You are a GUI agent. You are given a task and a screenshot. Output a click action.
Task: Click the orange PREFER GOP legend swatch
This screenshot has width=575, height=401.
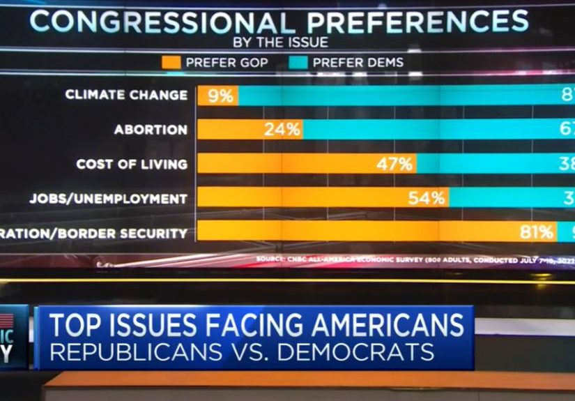click(x=171, y=63)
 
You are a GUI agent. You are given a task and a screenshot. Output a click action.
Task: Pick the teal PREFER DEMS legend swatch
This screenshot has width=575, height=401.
click(x=298, y=63)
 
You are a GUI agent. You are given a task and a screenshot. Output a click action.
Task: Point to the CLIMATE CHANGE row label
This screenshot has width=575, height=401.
click(x=126, y=95)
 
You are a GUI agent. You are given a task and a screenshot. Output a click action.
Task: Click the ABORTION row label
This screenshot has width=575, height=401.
click(x=151, y=130)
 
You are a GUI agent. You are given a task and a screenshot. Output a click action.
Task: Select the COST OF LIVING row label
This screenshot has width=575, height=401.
click(x=132, y=165)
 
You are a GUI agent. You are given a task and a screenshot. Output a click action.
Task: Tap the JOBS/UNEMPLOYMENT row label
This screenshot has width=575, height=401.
click(x=108, y=199)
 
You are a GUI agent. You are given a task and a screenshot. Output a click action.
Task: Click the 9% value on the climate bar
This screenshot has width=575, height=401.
click(x=220, y=96)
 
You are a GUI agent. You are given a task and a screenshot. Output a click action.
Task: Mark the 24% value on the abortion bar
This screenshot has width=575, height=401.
click(x=282, y=130)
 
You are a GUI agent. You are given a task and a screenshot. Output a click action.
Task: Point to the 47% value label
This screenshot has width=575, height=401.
click(x=396, y=165)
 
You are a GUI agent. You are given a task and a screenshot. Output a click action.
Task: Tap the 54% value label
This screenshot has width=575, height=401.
click(x=427, y=199)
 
